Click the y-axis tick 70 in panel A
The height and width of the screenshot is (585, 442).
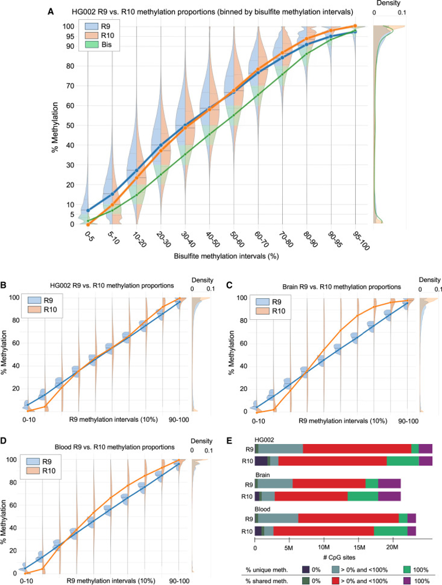tap(71, 86)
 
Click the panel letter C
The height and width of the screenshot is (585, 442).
tap(229, 286)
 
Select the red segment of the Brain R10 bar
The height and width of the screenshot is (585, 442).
tap(311, 496)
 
